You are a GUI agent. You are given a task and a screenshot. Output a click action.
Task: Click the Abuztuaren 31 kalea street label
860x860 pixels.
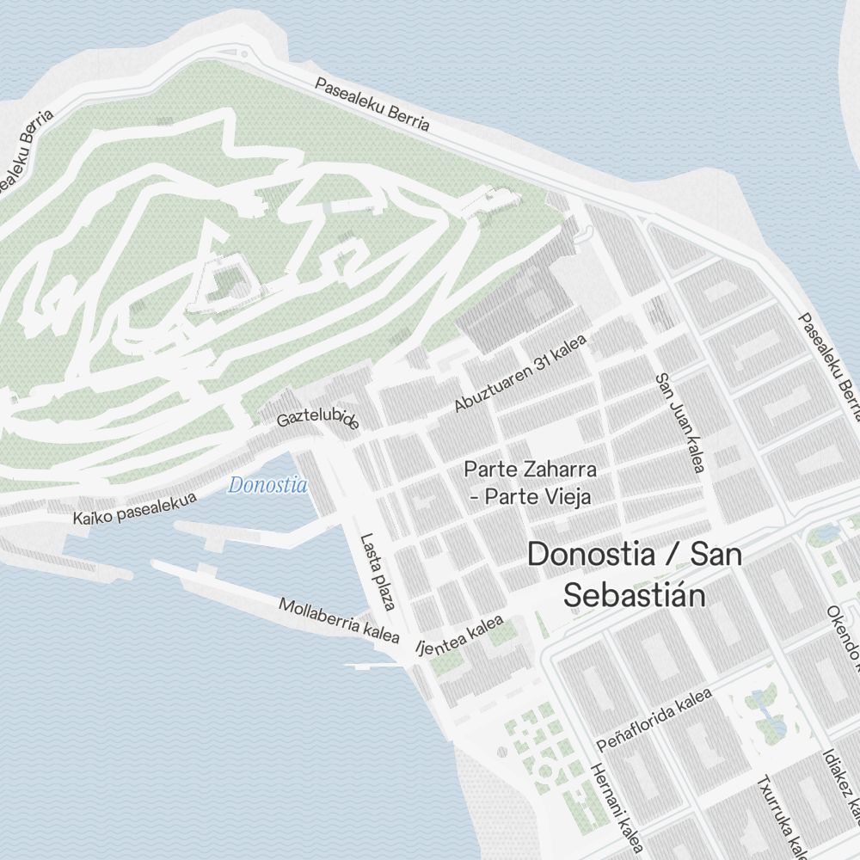tap(520, 373)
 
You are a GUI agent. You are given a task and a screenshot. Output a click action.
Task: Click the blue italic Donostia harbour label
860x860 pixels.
tap(267, 486)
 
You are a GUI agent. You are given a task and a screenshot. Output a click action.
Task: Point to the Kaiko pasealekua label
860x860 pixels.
tap(134, 509)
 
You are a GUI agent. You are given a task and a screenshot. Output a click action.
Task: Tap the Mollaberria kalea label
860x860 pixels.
tap(339, 620)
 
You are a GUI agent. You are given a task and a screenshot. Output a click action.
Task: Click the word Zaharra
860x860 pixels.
tap(562, 470)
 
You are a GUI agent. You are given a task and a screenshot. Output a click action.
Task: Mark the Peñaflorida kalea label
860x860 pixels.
tap(655, 720)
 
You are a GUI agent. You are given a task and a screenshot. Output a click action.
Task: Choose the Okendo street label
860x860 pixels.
tap(843, 636)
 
